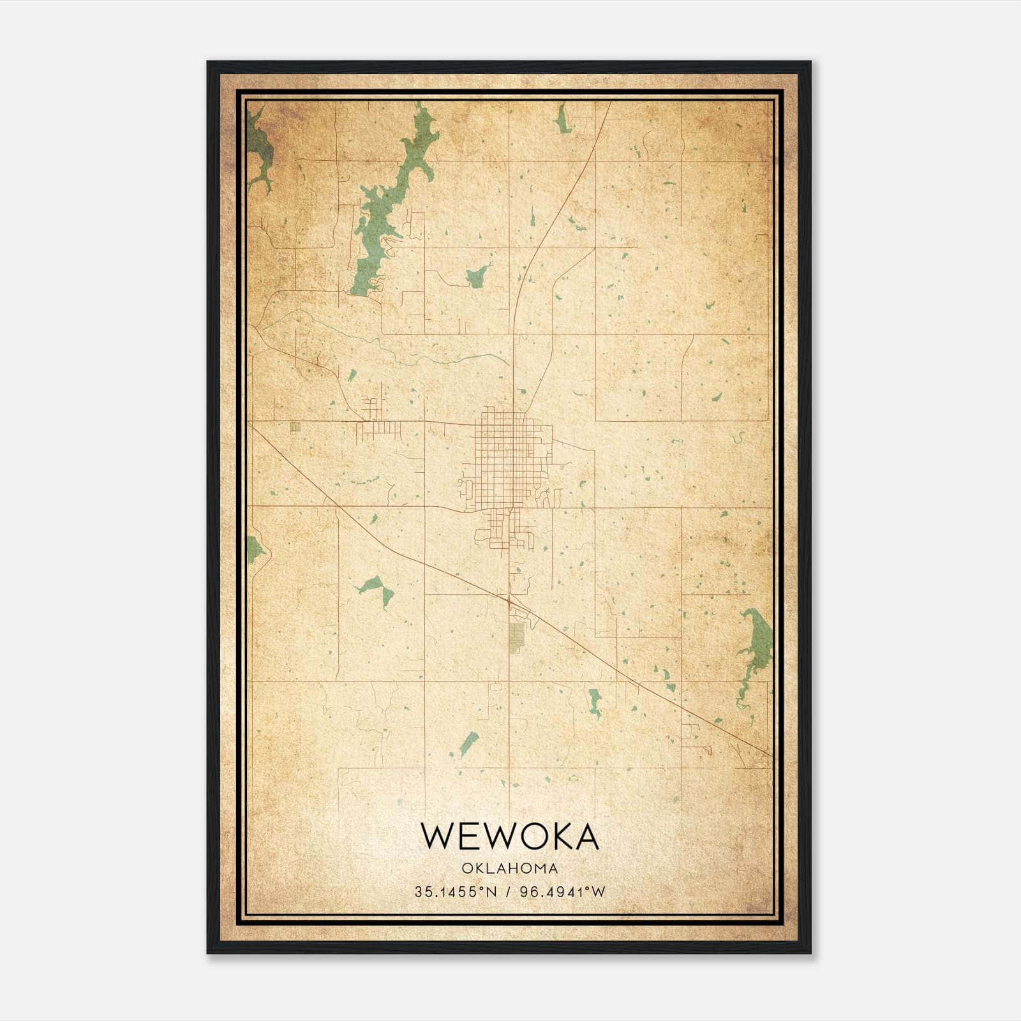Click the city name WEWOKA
(x=510, y=837)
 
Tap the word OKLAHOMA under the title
(x=510, y=868)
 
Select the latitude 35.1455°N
(x=455, y=891)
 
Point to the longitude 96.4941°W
(x=562, y=891)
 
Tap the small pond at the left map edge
(x=254, y=548)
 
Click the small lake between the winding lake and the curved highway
(x=476, y=277)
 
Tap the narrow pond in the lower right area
(x=595, y=702)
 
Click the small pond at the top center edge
(x=562, y=120)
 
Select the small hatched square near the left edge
(x=294, y=428)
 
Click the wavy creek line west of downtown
(x=396, y=351)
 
